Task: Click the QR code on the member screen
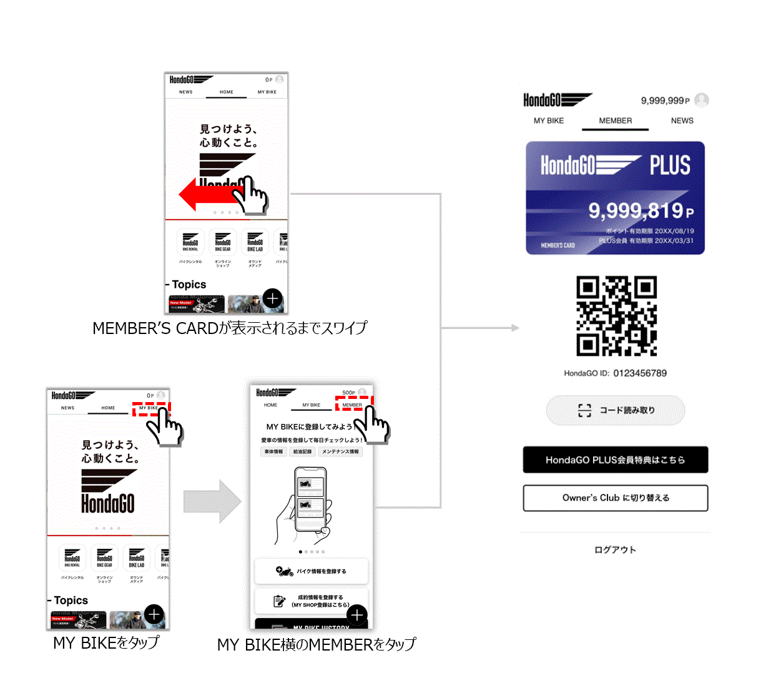point(616,316)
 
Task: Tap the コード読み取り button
point(616,410)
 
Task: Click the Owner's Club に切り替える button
point(616,498)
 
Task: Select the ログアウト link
point(615,550)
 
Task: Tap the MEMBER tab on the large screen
point(616,120)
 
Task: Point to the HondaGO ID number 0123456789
point(640,373)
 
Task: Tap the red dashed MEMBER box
point(353,404)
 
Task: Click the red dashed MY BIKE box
point(150,409)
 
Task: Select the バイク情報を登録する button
point(312,571)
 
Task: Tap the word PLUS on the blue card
point(670,165)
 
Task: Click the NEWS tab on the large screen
point(682,120)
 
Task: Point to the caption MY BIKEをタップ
point(106,643)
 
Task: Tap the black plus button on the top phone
point(272,298)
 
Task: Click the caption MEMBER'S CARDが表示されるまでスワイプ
point(230,328)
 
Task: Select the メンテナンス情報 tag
point(340,451)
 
